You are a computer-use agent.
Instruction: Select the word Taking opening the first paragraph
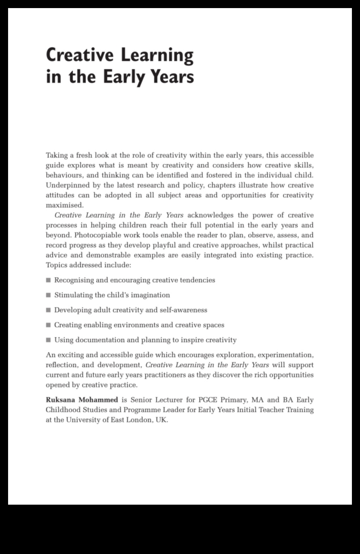(57, 155)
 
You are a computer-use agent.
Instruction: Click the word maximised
(64, 205)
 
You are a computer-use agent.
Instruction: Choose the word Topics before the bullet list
(56, 265)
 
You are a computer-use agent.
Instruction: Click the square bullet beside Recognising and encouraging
(49, 280)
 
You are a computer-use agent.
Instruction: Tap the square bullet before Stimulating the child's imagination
(49, 295)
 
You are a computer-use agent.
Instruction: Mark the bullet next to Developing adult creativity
(49, 310)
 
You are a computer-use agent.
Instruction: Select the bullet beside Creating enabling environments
(49, 325)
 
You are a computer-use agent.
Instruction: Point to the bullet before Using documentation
(49, 340)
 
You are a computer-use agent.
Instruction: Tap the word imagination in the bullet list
(150, 295)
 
